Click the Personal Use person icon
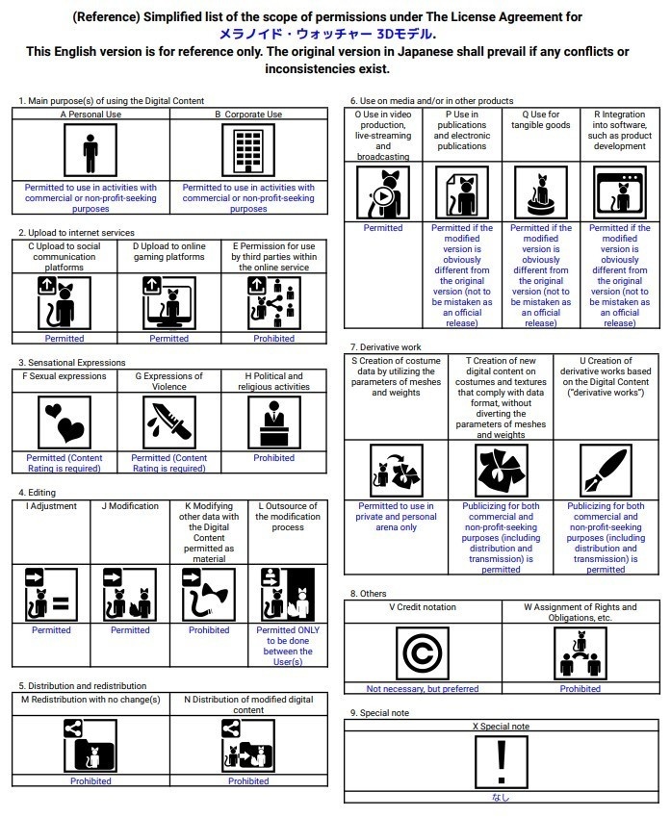pos(90,151)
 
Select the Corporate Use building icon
pos(248,151)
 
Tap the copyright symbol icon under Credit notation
pos(422,653)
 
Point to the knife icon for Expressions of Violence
pos(169,421)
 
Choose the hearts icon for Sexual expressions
pos(65,421)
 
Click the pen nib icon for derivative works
pos(606,471)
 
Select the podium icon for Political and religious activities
pos(274,421)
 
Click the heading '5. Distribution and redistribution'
pos(84,685)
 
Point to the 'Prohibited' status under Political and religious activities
pos(274,458)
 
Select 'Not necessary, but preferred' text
pos(422,689)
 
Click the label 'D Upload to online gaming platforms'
pos(169,251)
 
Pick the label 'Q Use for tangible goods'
pos(541,119)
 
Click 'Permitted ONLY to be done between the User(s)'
pos(287,646)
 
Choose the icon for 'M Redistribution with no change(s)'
pos(90,747)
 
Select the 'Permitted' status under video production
pos(383,228)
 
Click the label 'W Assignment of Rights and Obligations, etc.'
pos(581,612)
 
